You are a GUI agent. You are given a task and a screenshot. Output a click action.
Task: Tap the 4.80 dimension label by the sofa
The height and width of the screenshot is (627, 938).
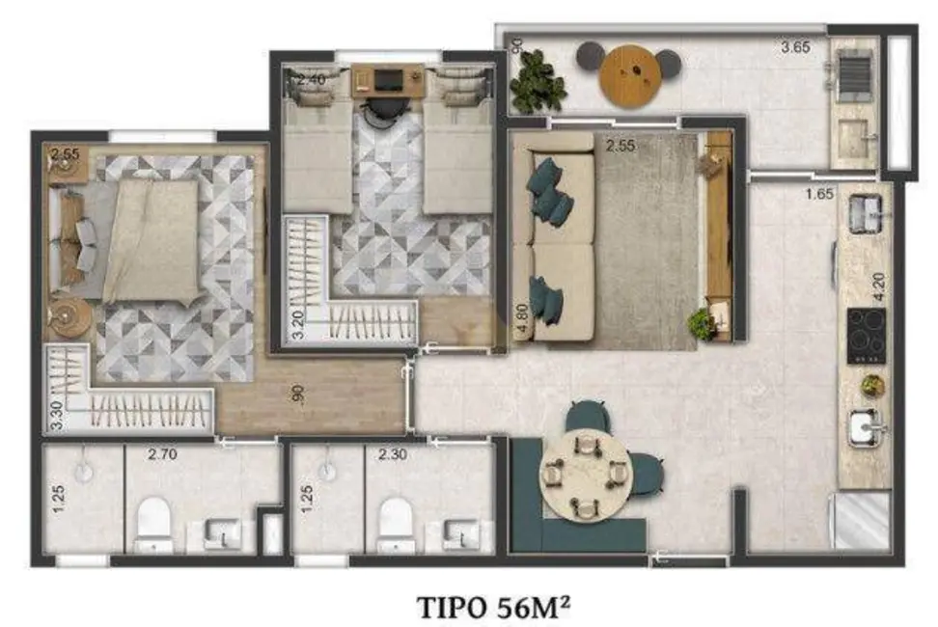(x=522, y=317)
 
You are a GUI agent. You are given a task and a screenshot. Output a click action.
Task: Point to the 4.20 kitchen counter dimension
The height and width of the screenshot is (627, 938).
(x=878, y=287)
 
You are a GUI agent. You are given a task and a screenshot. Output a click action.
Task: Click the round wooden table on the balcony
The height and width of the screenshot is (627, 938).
(x=628, y=77)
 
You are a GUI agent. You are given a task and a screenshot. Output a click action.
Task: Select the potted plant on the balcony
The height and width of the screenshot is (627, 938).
(x=537, y=83)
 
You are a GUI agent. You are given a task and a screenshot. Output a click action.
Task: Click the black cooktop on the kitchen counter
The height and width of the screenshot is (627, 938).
(x=866, y=337)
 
